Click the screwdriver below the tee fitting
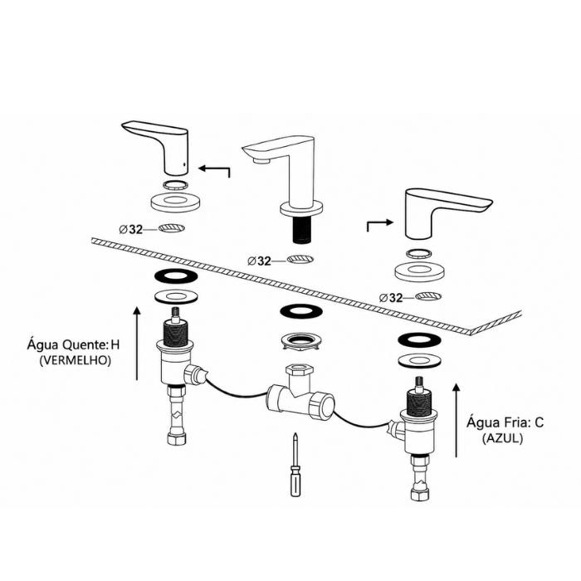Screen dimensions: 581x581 pos(295,465)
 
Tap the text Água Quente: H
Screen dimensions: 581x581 pos(73,344)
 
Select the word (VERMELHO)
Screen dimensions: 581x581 pos(76,360)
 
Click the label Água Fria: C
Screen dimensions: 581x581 pos(505,422)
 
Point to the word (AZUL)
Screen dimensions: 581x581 pos(502,439)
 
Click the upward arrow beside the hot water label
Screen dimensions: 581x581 pos(137,344)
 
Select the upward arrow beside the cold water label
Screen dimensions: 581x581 pos(456,420)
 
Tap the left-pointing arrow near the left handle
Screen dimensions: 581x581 pos(214,169)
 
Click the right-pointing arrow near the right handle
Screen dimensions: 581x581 pos(380,223)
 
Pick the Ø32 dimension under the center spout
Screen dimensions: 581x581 pos(259,261)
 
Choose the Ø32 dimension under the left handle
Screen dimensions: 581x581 pos(131,229)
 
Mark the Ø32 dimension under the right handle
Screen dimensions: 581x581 pos(391,297)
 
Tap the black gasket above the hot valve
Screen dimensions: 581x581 pos(176,276)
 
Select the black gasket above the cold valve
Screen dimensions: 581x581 pos(419,339)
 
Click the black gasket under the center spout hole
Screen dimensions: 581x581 pos(300,311)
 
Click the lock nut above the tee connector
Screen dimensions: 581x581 pos(300,339)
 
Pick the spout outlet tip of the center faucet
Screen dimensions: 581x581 pos(261,161)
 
